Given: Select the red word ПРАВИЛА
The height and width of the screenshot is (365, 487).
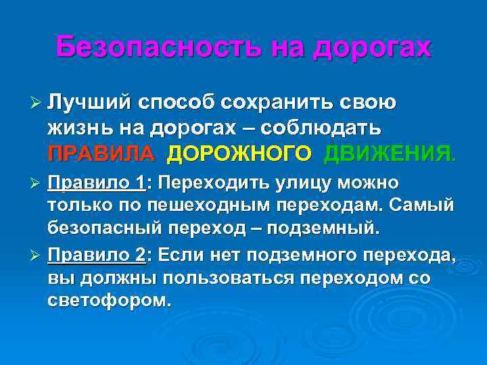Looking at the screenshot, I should pos(101,153).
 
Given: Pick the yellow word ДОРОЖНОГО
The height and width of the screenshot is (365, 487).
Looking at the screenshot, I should pos(239,153).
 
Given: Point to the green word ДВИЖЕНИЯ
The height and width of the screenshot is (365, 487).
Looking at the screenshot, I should pos(390,153).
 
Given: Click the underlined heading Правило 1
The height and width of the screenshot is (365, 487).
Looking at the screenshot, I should pos(97,184).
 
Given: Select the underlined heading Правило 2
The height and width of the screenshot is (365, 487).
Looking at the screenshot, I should pos(97,255).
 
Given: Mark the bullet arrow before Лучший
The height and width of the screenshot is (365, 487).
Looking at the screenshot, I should pos(37,103).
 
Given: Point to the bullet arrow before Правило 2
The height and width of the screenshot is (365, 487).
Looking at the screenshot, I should pos(37,255).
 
